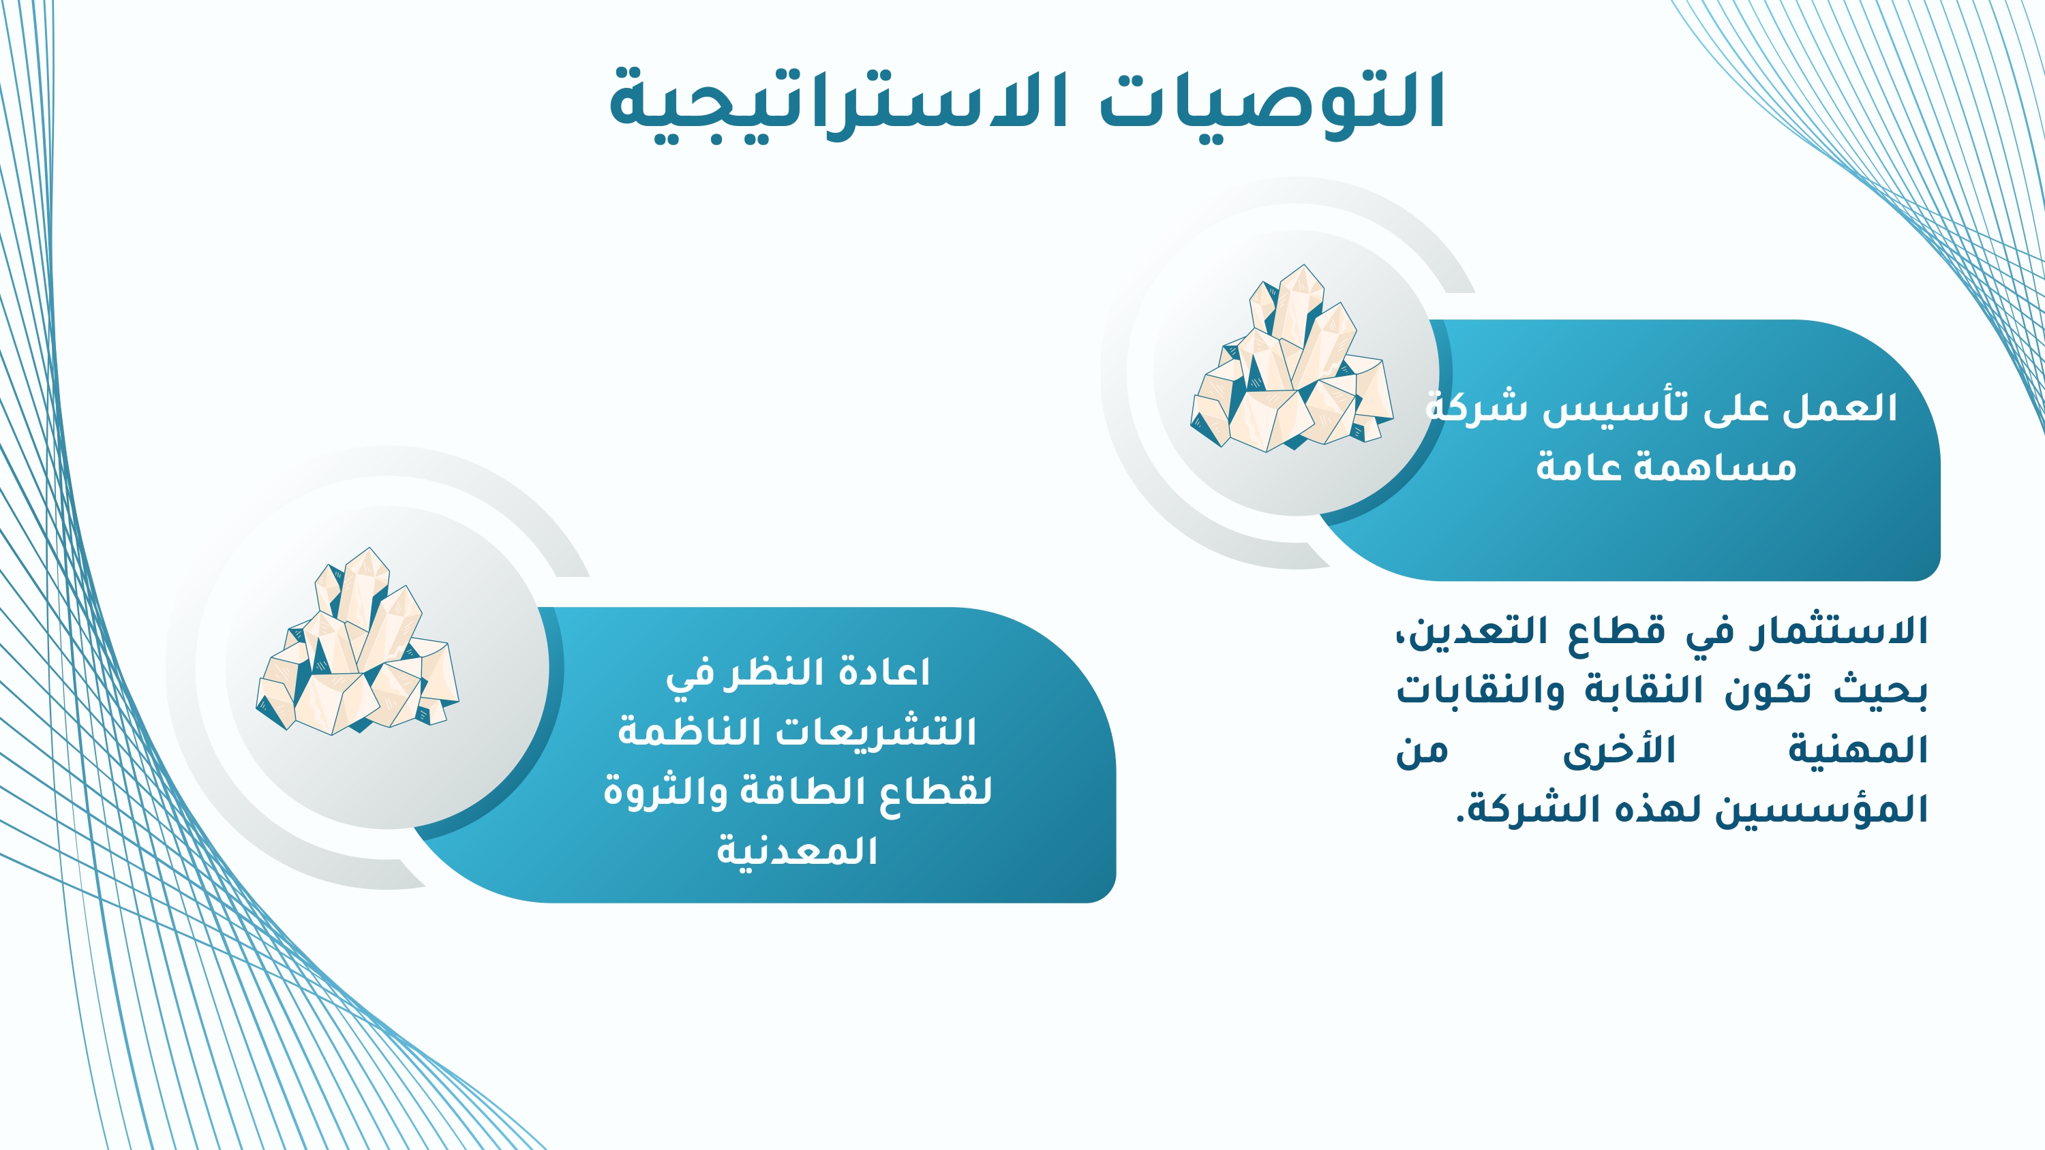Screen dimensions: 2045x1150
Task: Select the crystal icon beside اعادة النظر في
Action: point(357,641)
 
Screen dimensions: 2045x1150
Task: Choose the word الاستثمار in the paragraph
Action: point(1838,632)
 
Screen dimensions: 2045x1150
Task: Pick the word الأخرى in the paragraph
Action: point(1619,751)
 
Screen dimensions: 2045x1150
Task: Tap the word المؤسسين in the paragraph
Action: point(1821,810)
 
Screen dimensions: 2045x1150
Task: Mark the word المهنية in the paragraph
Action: point(1858,751)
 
